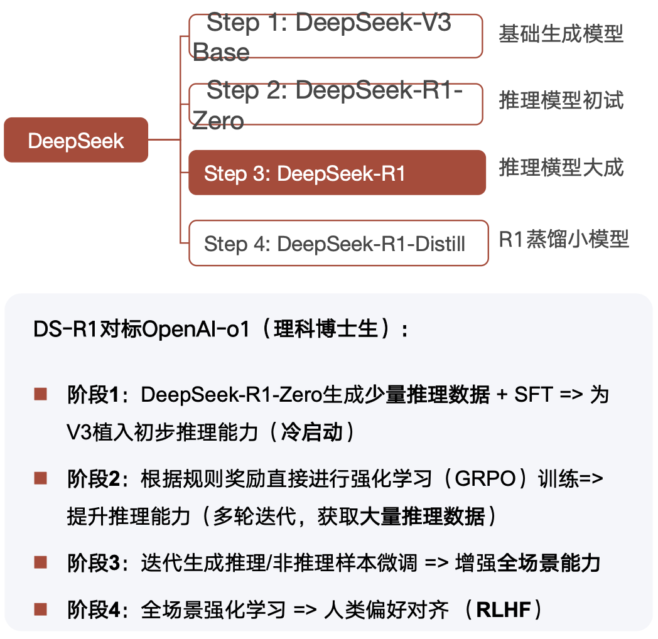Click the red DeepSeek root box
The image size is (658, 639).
click(76, 140)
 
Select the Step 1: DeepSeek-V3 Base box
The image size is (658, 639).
click(336, 36)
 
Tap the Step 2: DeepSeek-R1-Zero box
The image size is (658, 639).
click(336, 104)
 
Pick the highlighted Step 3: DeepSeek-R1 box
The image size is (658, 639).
click(337, 173)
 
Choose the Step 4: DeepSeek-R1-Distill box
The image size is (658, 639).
click(338, 243)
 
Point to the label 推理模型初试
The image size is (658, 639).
click(561, 100)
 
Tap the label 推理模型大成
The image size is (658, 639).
click(561, 168)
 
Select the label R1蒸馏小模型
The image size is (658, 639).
click(563, 239)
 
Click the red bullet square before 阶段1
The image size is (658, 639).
click(41, 394)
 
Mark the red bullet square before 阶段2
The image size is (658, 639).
click(41, 479)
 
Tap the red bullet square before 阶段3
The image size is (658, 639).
click(41, 562)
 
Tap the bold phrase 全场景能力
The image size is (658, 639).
click(548, 562)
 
